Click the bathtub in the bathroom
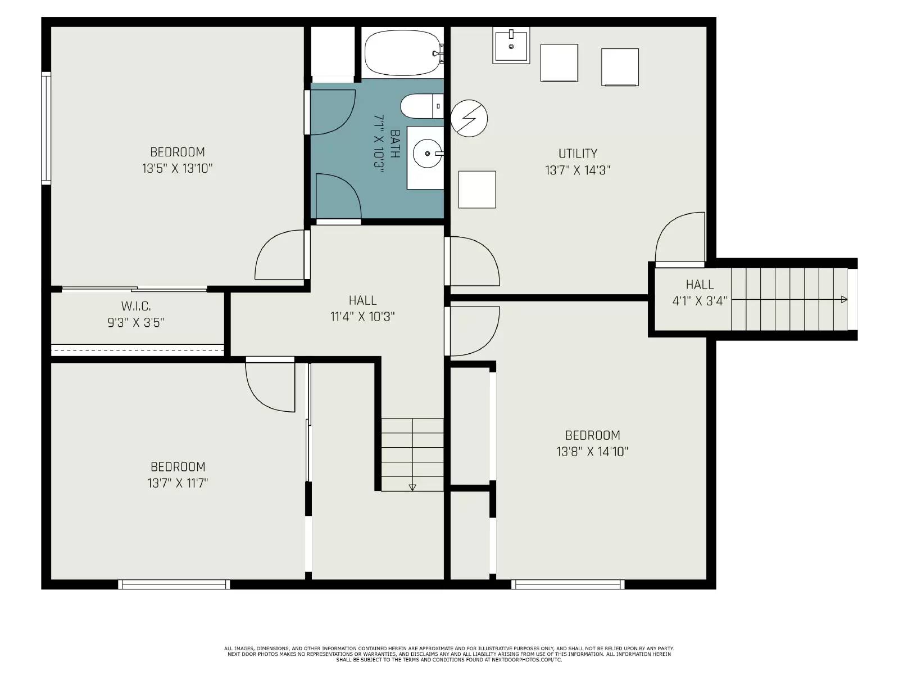click(402, 53)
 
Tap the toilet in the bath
click(421, 106)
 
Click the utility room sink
click(511, 46)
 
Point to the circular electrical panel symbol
click(469, 118)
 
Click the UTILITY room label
click(578, 153)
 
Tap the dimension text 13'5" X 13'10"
click(177, 168)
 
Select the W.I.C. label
click(136, 306)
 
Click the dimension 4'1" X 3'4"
click(700, 301)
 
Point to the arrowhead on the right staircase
click(843, 300)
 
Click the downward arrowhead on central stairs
click(412, 487)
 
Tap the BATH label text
click(395, 144)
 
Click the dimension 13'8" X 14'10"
click(592, 451)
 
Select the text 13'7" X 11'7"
click(178, 483)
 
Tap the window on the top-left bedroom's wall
click(46, 128)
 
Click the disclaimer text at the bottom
click(449, 654)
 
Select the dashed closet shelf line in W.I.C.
click(138, 350)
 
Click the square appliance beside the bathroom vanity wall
click(477, 190)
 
